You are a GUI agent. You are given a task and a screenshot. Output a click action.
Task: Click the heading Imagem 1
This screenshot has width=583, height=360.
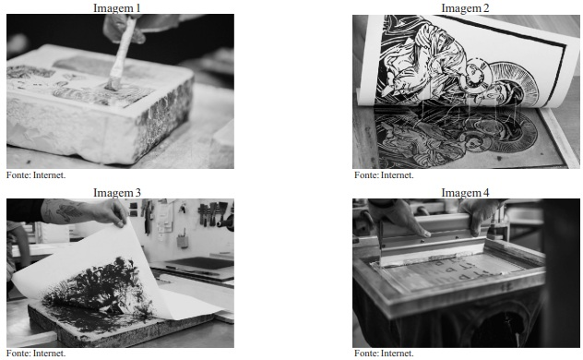click(x=117, y=7)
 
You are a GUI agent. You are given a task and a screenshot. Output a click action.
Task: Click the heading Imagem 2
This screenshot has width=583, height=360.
click(x=465, y=7)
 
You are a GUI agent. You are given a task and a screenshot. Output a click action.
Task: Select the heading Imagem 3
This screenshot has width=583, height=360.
click(x=117, y=192)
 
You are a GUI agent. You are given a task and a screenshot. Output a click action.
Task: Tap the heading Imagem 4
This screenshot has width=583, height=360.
click(x=465, y=192)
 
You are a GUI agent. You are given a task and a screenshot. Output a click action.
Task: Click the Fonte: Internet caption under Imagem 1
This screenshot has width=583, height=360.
click(x=36, y=174)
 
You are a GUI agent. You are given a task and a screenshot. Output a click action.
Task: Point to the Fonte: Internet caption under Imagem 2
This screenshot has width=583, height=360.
click(x=384, y=174)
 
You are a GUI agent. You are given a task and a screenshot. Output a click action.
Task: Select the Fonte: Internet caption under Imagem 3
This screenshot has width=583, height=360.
click(x=36, y=353)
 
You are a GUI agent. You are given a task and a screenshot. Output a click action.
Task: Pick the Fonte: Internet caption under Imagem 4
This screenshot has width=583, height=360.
click(x=384, y=353)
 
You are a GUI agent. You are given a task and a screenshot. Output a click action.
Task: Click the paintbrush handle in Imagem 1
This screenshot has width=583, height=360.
click(x=124, y=48)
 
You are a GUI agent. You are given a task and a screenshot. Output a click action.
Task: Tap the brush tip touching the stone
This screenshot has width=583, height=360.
click(x=113, y=84)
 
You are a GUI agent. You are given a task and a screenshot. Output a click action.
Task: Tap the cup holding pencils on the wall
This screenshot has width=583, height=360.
click(x=183, y=241)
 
